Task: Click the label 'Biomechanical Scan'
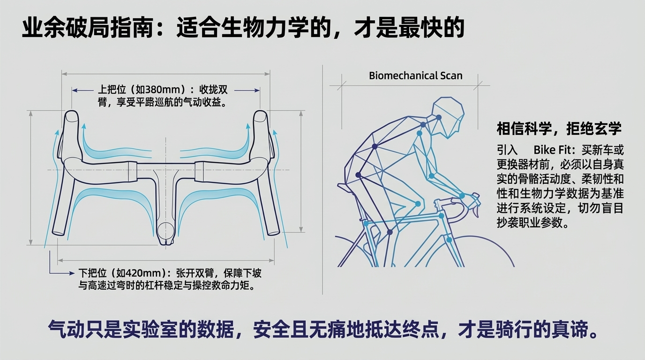tap(415, 76)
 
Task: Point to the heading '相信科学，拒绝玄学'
tap(559, 128)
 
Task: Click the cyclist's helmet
tap(449, 115)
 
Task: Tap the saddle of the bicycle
tap(347, 188)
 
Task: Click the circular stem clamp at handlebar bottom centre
tap(165, 231)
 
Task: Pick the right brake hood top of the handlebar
tap(260, 117)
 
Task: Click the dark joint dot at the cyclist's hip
tap(358, 175)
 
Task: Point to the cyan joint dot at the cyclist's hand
tap(462, 196)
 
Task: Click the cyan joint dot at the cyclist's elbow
tap(431, 176)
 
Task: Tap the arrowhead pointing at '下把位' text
tap(72, 273)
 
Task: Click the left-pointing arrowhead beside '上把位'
tap(75, 90)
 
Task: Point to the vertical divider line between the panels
tap(322, 180)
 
